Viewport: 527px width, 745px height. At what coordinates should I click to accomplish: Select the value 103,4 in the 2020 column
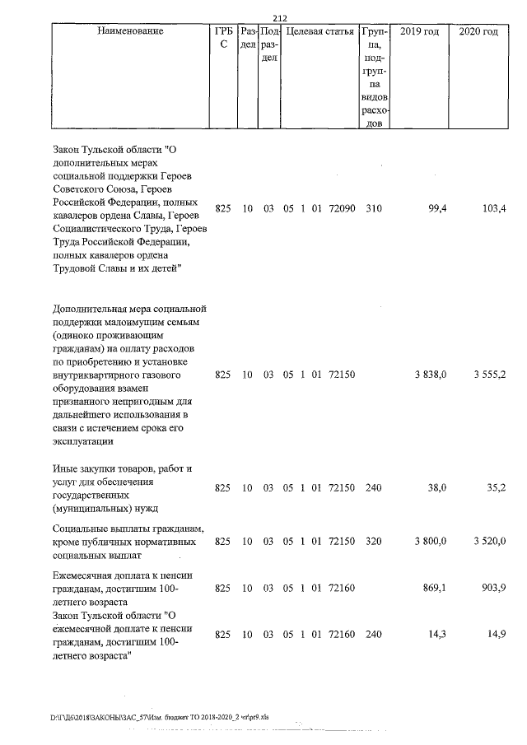pos(493,209)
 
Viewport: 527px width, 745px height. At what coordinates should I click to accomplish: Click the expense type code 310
pos(374,209)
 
